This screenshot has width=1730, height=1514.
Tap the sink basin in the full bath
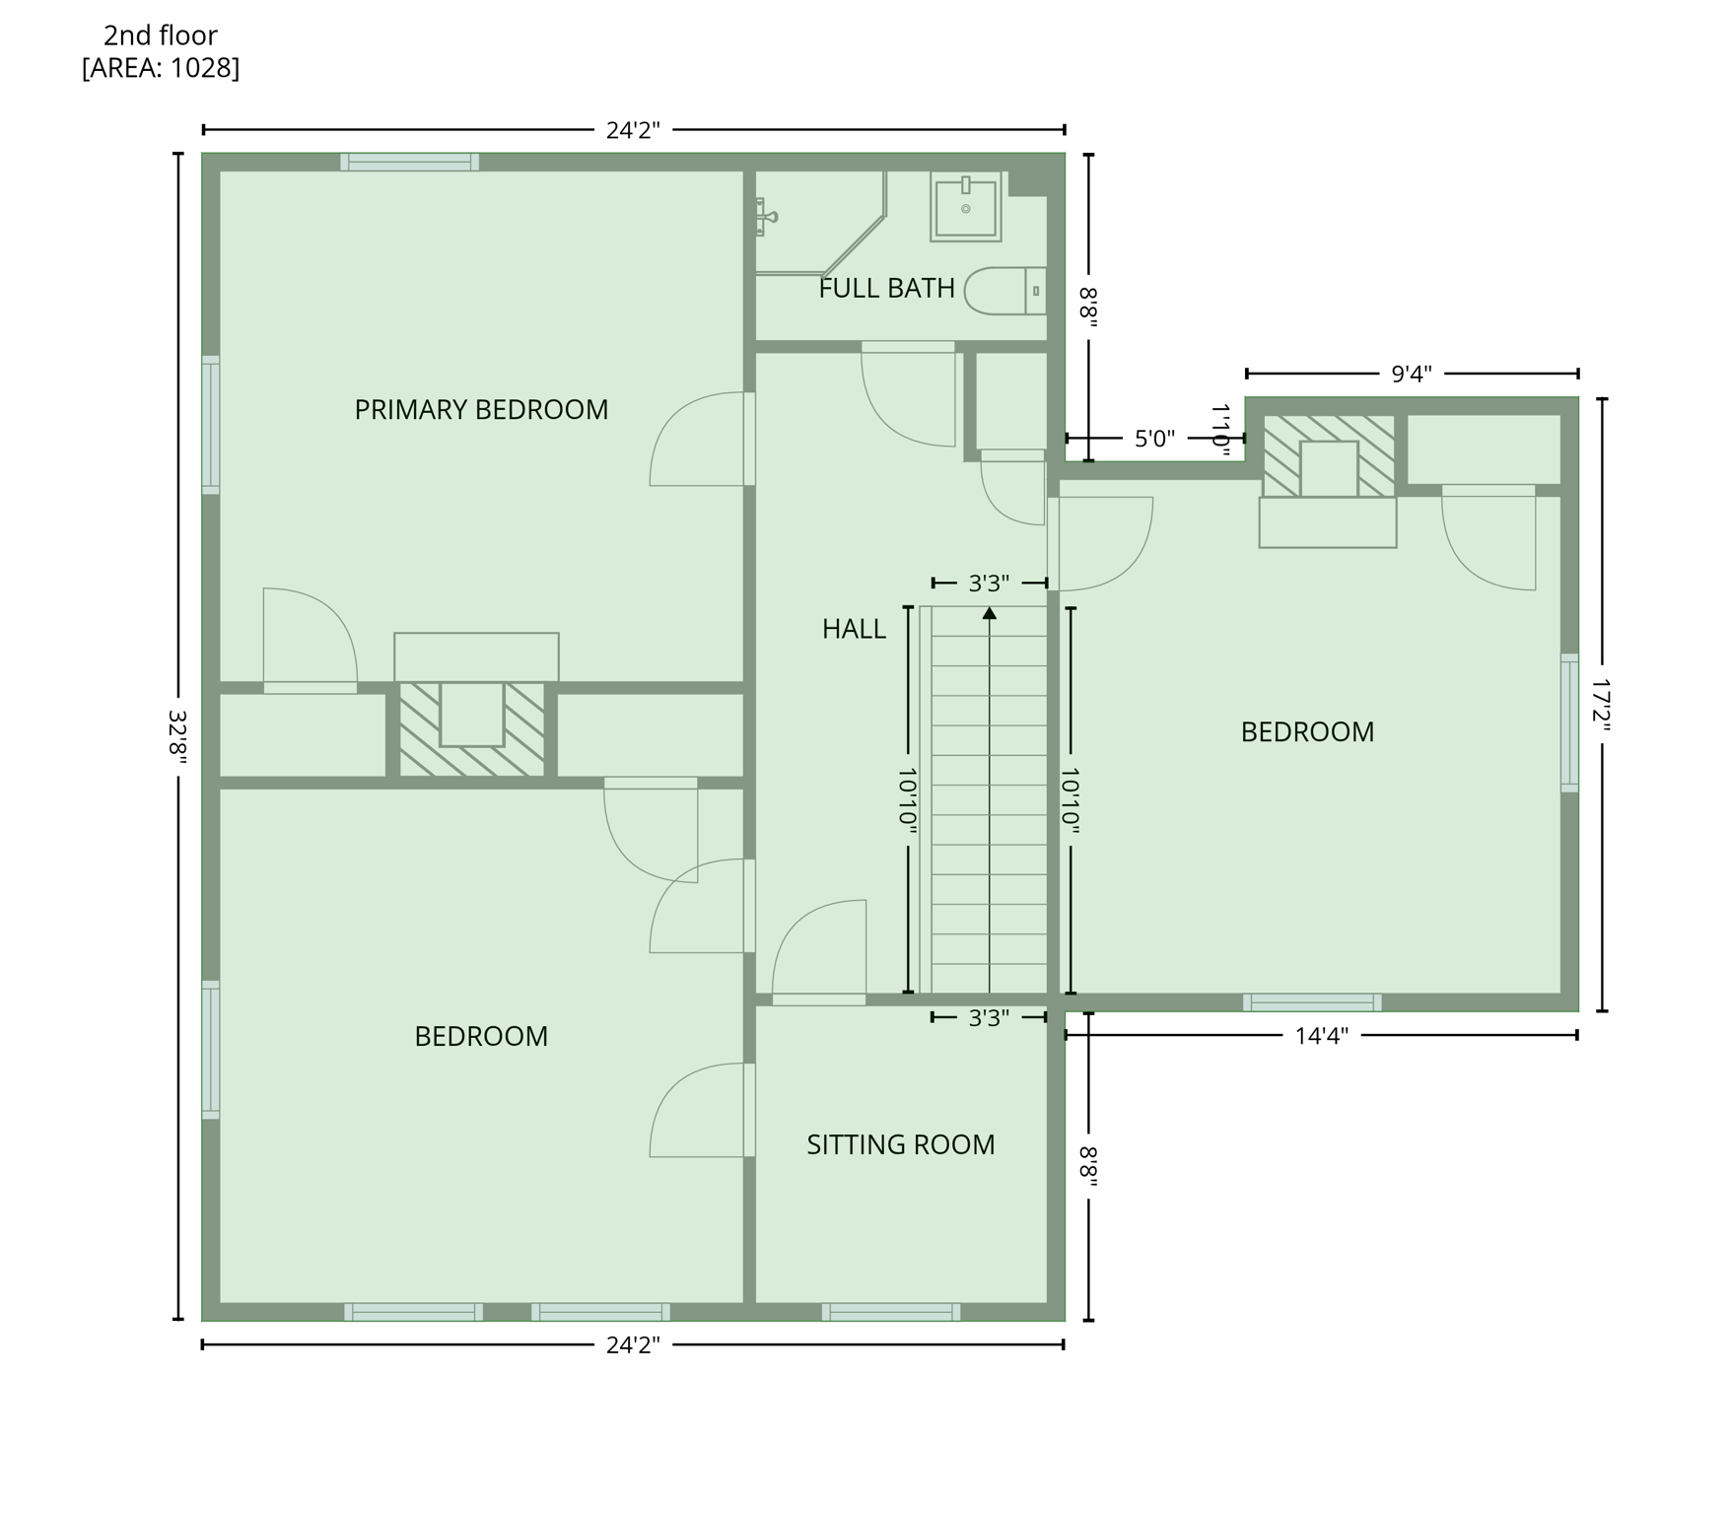click(x=965, y=208)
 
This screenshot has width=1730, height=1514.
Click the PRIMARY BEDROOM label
click(x=481, y=410)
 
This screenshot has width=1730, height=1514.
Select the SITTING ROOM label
click(x=900, y=1145)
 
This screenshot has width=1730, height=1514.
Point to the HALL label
click(x=854, y=630)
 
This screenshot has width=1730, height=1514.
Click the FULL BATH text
click(x=886, y=289)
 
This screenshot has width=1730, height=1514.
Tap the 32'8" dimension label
click(x=177, y=736)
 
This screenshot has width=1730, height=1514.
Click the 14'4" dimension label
click(x=1321, y=1036)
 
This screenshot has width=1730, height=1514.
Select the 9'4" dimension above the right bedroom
click(x=1411, y=375)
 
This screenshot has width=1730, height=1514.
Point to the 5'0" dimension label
click(x=1154, y=439)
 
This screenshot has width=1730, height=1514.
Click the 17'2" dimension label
click(x=1602, y=704)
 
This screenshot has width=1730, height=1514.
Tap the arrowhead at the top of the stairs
click(x=989, y=613)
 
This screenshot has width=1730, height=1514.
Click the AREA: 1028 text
click(x=161, y=68)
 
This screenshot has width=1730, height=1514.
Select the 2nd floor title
click(x=161, y=35)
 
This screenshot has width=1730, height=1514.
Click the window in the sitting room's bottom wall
click(x=891, y=1312)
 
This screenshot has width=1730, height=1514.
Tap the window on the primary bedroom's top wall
click(x=410, y=162)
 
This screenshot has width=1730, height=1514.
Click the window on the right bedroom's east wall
click(x=1569, y=723)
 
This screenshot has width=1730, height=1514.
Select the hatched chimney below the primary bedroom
click(x=471, y=728)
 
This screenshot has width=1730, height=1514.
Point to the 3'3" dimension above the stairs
click(x=989, y=584)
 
